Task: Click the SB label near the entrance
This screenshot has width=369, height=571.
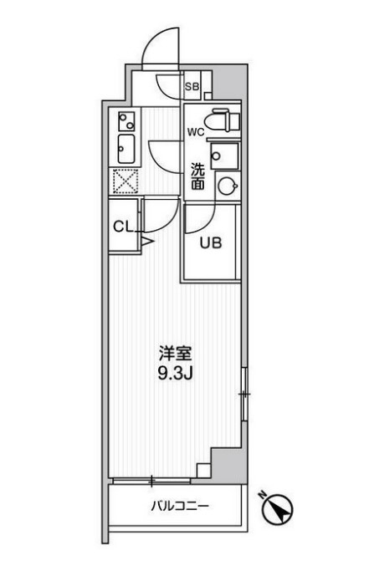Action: [x=191, y=86]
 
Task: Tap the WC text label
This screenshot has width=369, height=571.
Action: [x=194, y=132]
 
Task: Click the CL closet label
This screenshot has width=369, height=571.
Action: [x=122, y=227]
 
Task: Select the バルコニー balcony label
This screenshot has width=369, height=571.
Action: [x=180, y=507]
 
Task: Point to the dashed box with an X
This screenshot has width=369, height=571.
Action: [x=126, y=181]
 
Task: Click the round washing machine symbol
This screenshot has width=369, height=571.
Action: [x=225, y=185]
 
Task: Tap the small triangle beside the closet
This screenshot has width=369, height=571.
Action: [x=147, y=242]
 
